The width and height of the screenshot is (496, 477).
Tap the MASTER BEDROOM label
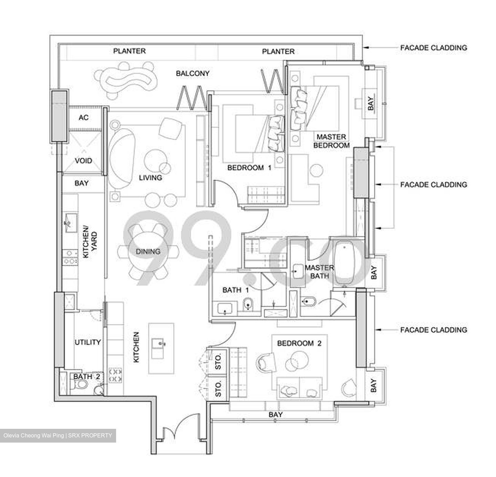tap(331, 141)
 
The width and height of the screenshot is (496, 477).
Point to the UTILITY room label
tap(87, 342)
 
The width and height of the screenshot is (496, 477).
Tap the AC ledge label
tap(83, 118)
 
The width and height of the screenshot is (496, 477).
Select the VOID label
tap(83, 161)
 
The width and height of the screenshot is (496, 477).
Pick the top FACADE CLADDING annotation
tap(433, 48)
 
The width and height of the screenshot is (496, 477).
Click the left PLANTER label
tap(130, 51)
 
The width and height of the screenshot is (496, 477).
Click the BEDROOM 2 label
tap(299, 343)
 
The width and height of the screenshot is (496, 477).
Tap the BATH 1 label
tap(236, 290)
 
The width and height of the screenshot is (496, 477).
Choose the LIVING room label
tap(150, 178)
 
